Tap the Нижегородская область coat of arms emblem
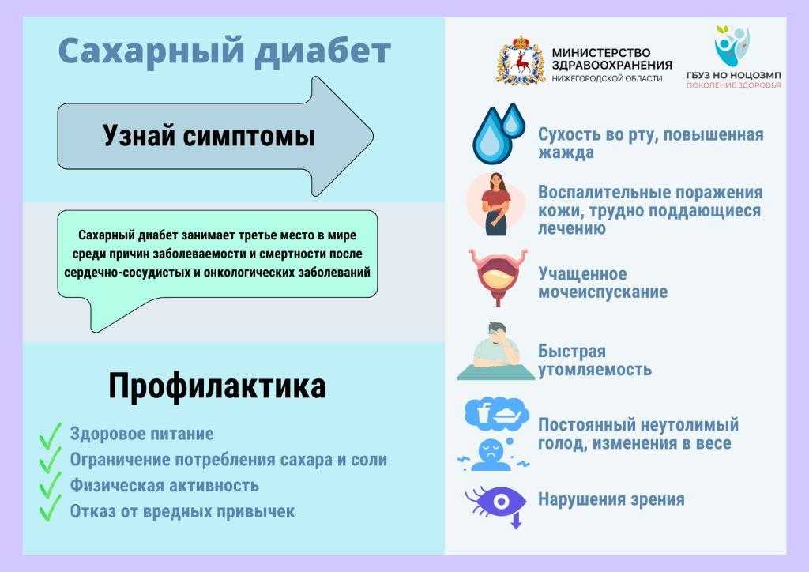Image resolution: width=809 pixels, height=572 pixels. (521, 60)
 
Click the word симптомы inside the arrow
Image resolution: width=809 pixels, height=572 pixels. (249, 136)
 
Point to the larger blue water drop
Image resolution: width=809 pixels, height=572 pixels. (493, 136)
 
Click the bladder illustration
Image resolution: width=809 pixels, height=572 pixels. (498, 277)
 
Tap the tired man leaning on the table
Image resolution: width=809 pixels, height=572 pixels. (496, 352)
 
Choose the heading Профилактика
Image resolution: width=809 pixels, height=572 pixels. (216, 386)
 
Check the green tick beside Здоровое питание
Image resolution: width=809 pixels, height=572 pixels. (50, 436)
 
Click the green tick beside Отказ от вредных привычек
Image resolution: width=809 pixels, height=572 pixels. (50, 508)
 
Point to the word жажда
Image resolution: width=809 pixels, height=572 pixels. (566, 152)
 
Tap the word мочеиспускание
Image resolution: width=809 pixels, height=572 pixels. (603, 292)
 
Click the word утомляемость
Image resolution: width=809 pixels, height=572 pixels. (594, 369)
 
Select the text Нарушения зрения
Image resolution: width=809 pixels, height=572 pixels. (611, 499)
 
